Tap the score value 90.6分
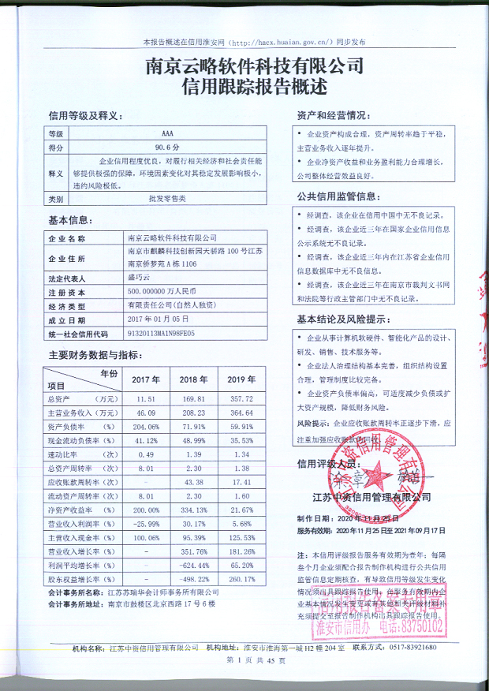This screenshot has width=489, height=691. (166, 147)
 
